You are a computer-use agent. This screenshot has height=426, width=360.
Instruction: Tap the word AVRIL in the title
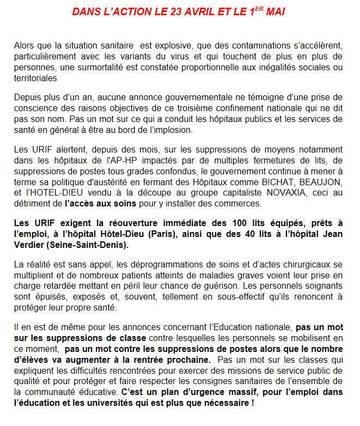pos(200,11)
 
